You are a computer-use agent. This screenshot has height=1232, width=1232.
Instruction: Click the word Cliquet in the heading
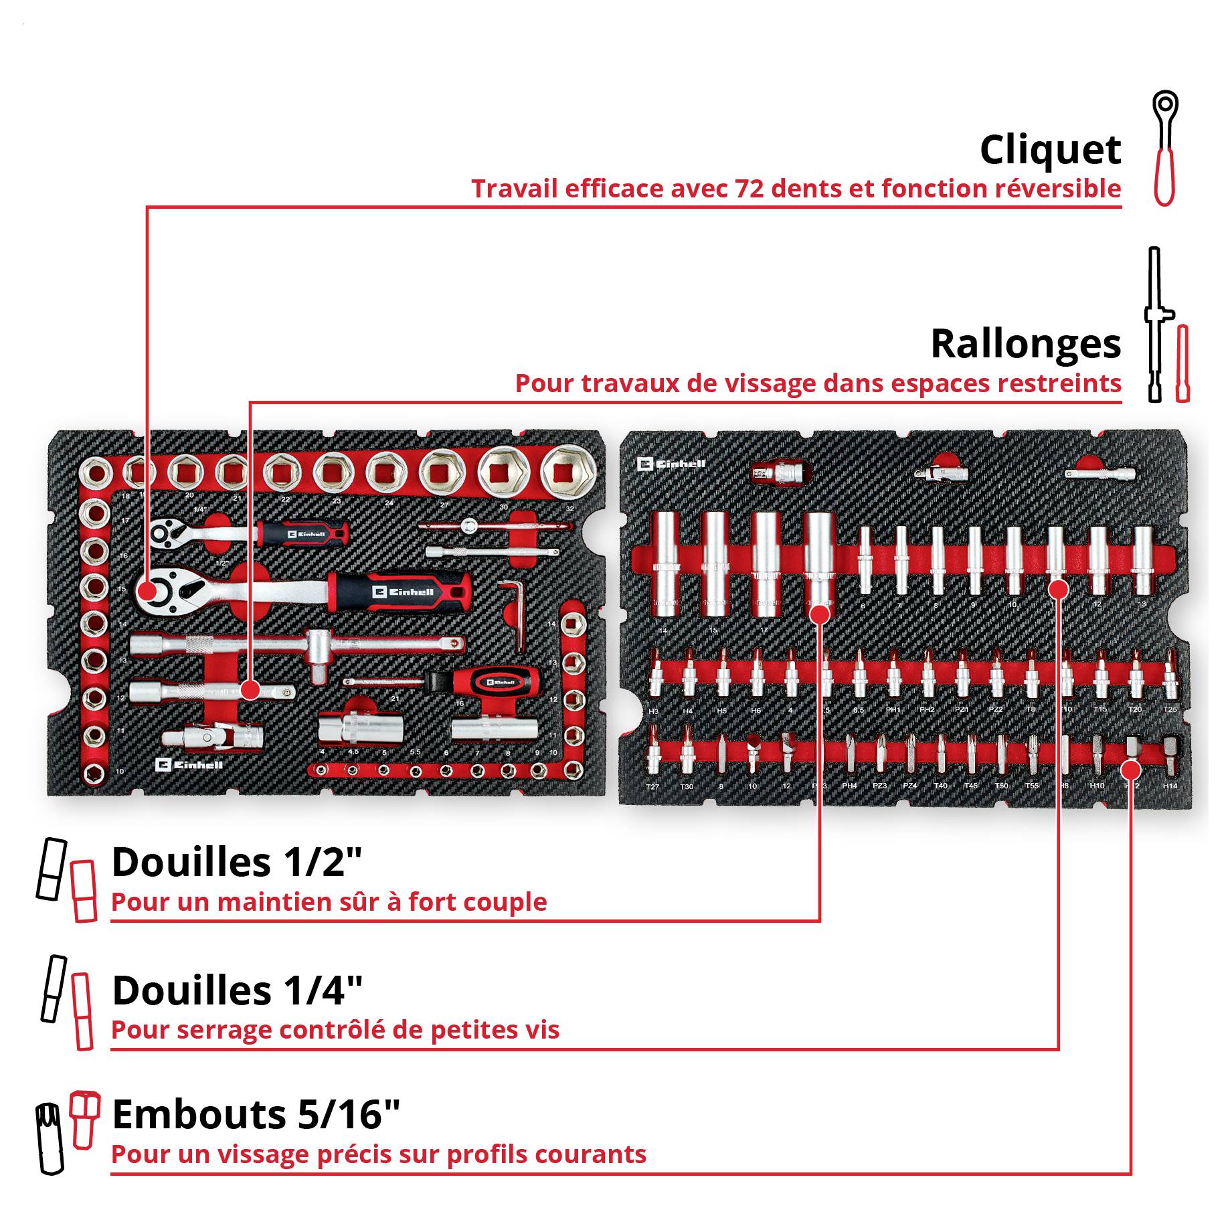click(1049, 150)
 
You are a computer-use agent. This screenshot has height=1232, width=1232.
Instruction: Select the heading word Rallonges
click(1025, 344)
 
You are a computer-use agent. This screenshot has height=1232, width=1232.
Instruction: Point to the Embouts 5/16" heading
click(256, 1115)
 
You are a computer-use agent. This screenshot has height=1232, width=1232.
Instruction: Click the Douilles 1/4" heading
click(237, 990)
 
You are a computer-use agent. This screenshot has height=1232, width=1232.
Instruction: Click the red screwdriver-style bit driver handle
click(494, 683)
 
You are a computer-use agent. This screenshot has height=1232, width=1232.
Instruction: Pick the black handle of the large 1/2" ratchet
click(402, 592)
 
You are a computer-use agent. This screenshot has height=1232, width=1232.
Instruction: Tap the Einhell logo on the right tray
click(671, 464)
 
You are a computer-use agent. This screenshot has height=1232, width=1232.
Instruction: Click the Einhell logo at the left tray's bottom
click(189, 764)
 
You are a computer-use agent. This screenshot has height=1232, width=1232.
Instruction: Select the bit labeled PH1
click(893, 677)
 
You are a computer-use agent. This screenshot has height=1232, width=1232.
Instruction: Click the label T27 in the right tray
click(652, 786)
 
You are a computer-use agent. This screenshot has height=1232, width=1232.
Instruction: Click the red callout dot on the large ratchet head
click(147, 591)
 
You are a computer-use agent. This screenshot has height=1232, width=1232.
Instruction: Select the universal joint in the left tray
click(212, 737)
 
